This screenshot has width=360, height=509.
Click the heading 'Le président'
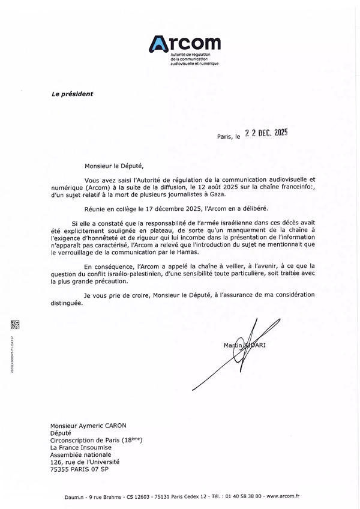pyautogui.click(x=72, y=94)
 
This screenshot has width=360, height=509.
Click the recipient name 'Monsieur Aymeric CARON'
pyautogui.click(x=88, y=425)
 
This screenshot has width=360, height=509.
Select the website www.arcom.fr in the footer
pyautogui.click(x=283, y=496)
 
